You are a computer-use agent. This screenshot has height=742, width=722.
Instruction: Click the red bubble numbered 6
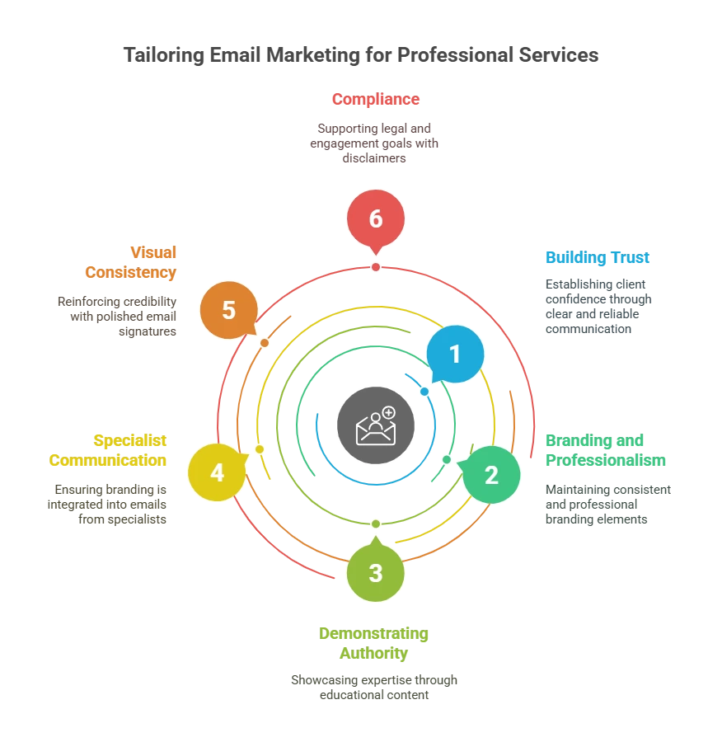(376, 218)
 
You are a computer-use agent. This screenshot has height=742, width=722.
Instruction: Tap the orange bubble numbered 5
(228, 311)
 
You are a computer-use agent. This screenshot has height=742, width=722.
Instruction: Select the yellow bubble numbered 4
(217, 472)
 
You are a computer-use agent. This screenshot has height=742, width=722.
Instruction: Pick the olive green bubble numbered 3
(376, 572)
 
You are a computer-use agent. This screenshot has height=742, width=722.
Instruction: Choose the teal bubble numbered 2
(491, 475)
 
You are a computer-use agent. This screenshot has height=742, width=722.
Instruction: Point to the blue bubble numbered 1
(454, 355)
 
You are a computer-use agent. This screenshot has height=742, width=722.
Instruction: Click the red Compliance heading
(376, 100)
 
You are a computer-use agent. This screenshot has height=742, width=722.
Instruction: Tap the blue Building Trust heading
(597, 258)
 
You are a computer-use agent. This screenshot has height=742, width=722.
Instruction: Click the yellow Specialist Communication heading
(110, 450)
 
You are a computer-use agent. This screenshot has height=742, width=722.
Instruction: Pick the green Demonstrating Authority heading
(373, 644)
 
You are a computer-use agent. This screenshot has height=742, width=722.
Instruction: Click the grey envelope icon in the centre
(375, 425)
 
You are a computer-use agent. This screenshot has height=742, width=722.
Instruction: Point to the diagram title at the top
(360, 56)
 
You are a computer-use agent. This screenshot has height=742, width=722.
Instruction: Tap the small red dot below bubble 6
(376, 267)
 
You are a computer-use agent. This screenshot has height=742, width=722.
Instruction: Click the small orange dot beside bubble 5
(264, 342)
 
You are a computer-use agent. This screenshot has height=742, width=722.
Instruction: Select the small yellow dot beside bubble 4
(259, 449)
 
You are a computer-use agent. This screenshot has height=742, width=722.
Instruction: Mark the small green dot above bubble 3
(376, 524)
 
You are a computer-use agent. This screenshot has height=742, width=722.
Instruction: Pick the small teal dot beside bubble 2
(447, 459)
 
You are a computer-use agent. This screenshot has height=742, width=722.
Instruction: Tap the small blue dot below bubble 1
(424, 392)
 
